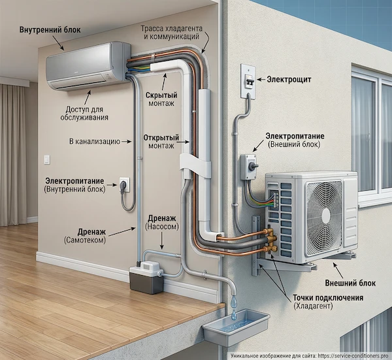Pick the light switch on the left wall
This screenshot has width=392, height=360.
click(x=46, y=159)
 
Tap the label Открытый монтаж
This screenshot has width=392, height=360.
click(x=160, y=143)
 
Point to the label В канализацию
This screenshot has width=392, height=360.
click(x=94, y=140)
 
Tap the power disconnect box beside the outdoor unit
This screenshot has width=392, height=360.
click(x=248, y=167)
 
